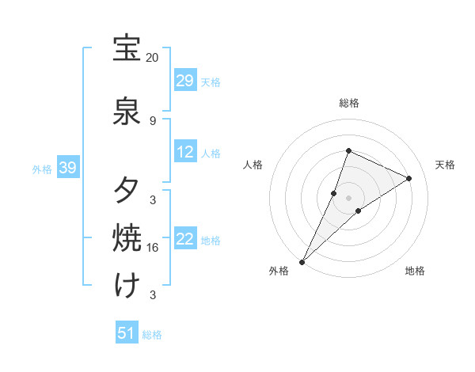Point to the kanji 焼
pos(127,238)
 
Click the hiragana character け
pos(127,284)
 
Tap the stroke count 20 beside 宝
pos(153,58)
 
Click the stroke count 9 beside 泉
pos(153,120)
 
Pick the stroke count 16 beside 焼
pos(153,248)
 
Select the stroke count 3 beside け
pos(153,295)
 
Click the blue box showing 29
pos(185,81)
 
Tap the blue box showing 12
pos(185,153)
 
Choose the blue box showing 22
pos(185,240)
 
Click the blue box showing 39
pos(68,168)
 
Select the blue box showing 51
pos(127,334)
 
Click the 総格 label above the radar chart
pos(349,103)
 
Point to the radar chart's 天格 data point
pos(409,179)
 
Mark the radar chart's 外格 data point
pos(302,261)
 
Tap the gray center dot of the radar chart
pos(349,198)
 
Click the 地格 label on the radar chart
pos(415,271)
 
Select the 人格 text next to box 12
pos(211,154)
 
